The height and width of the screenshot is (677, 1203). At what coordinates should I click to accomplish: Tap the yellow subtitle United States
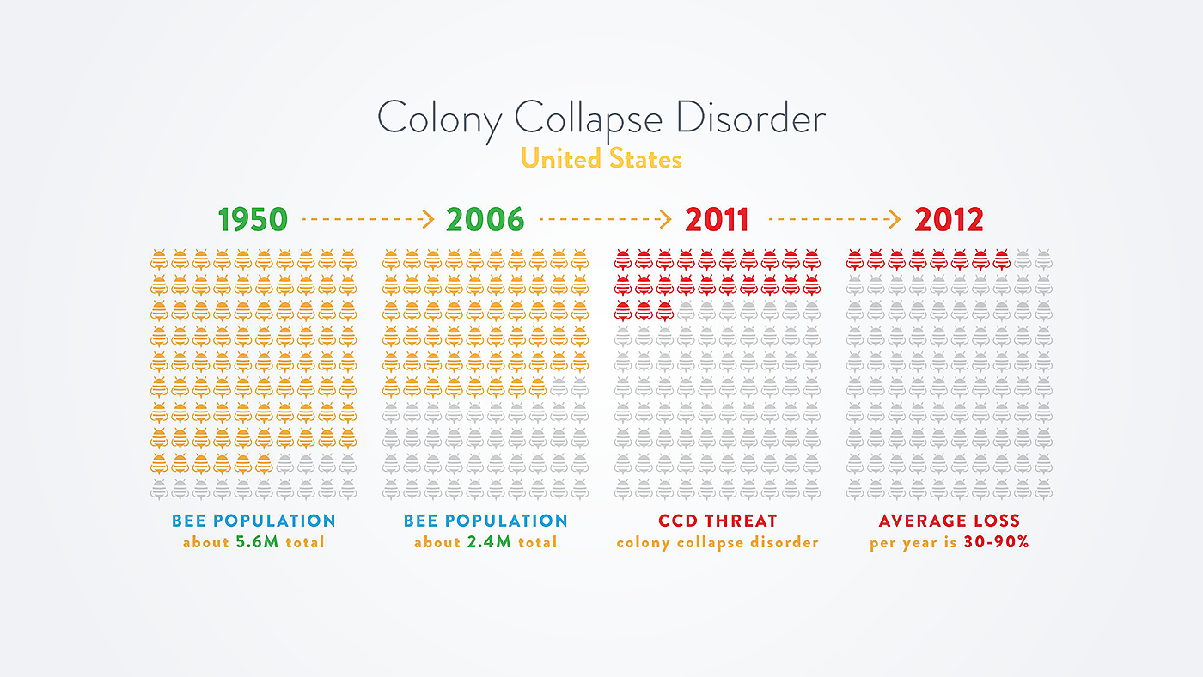tap(601, 159)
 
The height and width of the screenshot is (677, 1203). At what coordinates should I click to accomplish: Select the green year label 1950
tap(253, 220)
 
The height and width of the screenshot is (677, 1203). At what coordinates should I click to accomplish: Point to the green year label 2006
tap(485, 220)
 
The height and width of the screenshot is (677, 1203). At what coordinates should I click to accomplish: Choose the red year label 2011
tap(717, 220)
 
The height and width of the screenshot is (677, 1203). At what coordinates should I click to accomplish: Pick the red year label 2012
tap(949, 220)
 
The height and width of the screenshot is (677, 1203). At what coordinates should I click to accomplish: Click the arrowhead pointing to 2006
tap(427, 220)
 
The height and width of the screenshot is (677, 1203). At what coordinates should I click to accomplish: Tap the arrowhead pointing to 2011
tap(663, 220)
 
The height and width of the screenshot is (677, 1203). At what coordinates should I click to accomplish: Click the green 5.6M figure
tap(257, 542)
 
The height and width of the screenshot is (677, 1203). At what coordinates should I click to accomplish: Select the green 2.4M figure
tap(489, 542)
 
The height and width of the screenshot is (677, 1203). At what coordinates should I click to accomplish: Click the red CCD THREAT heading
tap(718, 521)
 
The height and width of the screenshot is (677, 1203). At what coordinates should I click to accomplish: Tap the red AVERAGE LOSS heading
tap(950, 521)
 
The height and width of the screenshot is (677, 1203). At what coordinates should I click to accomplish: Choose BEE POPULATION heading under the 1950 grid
tap(253, 521)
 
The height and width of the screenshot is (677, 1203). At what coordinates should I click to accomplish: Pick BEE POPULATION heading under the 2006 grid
tap(485, 521)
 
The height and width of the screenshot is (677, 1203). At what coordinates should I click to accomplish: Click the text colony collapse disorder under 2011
tap(718, 542)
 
